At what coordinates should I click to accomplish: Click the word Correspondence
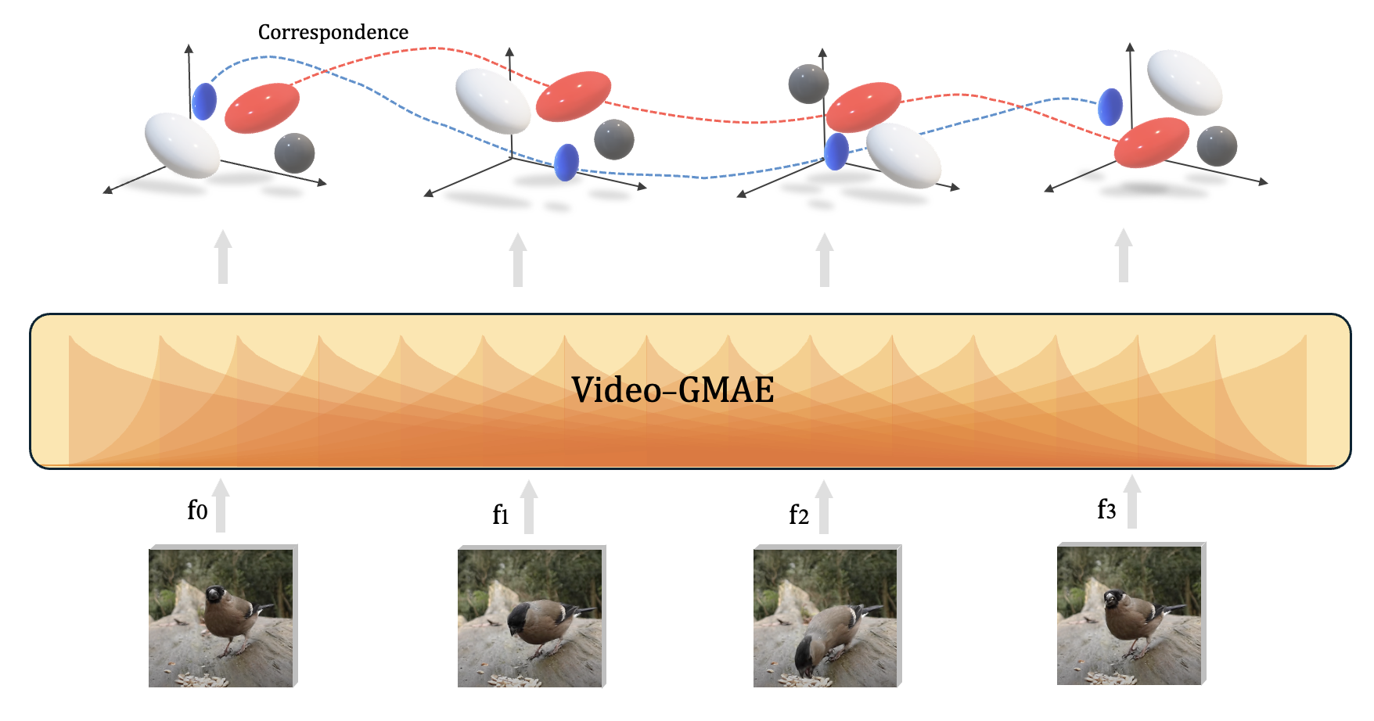[x=333, y=32]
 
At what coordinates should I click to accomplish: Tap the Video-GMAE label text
[x=672, y=389]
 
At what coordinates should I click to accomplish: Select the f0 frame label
[x=197, y=510]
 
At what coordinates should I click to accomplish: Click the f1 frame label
[x=501, y=515]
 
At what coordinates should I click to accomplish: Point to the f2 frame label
[x=798, y=515]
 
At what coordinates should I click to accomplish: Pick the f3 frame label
[x=1106, y=509]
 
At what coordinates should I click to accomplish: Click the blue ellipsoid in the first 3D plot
[x=204, y=101]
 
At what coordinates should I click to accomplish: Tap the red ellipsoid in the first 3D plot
[x=262, y=108]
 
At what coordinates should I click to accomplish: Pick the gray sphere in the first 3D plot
[x=294, y=153]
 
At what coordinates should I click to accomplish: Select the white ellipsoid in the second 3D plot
[x=493, y=101]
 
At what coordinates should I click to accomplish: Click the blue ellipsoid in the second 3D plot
[x=567, y=163]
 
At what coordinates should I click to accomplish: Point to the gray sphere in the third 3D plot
[x=808, y=84]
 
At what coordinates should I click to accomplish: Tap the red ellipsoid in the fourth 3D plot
[x=1151, y=142]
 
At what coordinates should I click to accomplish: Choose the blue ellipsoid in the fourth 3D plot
[x=1110, y=107]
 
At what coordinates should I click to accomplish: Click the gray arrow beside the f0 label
[x=221, y=506]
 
